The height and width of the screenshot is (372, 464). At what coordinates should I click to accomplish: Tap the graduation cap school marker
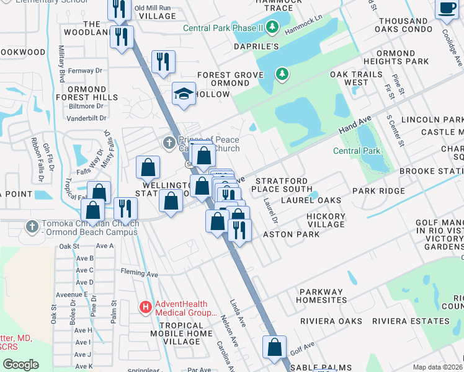(x=184, y=94)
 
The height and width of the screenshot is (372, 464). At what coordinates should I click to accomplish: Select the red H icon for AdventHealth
(x=145, y=306)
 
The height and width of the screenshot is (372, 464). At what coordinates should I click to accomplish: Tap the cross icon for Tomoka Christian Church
(x=32, y=225)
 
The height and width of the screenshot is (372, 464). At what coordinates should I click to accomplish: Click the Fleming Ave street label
(x=140, y=273)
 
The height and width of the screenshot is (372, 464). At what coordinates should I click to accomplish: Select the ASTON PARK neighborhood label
(x=292, y=234)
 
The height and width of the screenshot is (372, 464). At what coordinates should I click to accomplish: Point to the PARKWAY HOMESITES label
(x=323, y=296)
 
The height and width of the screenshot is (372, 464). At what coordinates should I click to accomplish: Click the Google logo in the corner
(x=20, y=365)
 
